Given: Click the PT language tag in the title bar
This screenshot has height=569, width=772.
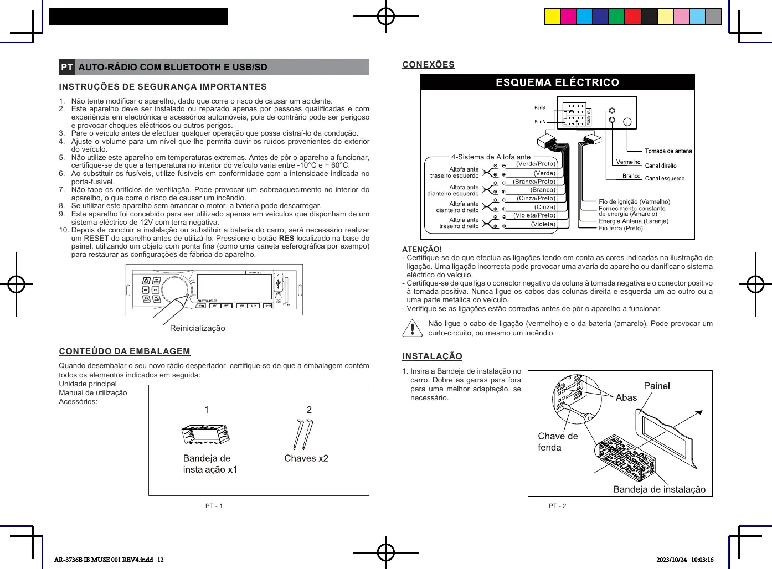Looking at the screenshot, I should click(x=67, y=67).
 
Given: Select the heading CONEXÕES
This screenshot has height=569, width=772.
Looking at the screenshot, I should click(x=428, y=65).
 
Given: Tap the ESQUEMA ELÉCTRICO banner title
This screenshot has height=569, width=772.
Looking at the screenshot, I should click(x=557, y=82).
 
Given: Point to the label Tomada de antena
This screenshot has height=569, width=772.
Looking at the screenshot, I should click(x=668, y=151).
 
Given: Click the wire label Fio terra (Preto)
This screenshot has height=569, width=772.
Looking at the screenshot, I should click(x=620, y=228).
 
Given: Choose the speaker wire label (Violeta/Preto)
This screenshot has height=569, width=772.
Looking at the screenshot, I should click(x=534, y=215).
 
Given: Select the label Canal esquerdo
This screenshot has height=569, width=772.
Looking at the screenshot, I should click(x=665, y=178).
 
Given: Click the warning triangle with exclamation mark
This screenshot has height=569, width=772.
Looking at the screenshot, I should click(x=412, y=328).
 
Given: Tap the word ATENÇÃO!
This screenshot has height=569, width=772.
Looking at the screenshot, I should click(x=422, y=249).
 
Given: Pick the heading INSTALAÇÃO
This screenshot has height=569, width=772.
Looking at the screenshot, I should click(x=432, y=356).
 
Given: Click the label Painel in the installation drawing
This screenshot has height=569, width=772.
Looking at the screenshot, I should click(x=657, y=386).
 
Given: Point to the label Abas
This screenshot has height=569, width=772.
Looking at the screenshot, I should click(x=626, y=397).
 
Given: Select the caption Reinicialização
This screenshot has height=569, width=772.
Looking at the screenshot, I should click(x=198, y=328).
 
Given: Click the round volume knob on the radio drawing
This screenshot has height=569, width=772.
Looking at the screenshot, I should click(x=175, y=289).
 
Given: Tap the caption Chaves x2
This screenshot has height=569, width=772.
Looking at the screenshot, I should click(x=306, y=458).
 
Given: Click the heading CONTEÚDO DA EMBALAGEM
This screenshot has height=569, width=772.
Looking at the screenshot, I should click(x=125, y=351).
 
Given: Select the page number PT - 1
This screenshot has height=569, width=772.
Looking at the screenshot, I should click(x=214, y=506).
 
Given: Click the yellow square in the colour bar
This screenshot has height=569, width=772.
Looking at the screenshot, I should click(x=552, y=17).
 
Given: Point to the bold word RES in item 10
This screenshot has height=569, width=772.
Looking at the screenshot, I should click(x=286, y=239).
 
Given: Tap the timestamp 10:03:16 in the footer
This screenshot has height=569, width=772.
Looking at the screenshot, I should click(x=702, y=560).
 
